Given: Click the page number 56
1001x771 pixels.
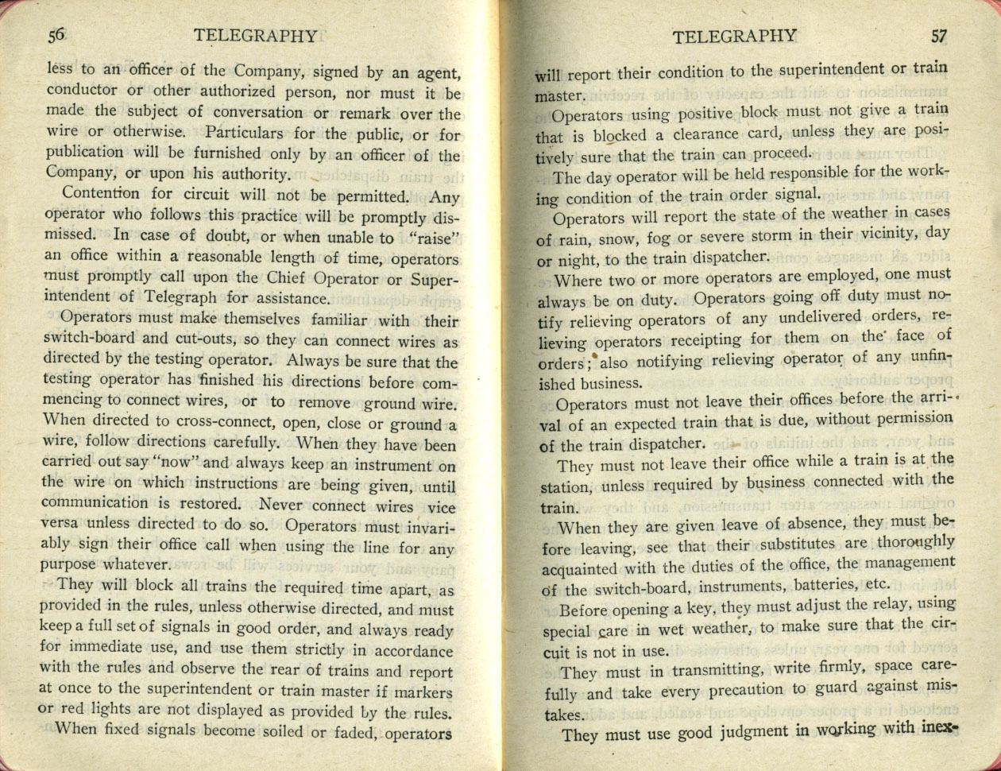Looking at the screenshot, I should (x=56, y=35).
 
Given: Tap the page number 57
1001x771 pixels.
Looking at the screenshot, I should (x=940, y=37).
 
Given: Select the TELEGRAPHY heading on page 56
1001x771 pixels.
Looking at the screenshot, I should (x=256, y=36).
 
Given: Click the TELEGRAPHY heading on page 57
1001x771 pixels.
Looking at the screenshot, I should (x=733, y=36).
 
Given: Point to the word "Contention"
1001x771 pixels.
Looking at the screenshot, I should (x=100, y=194).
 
